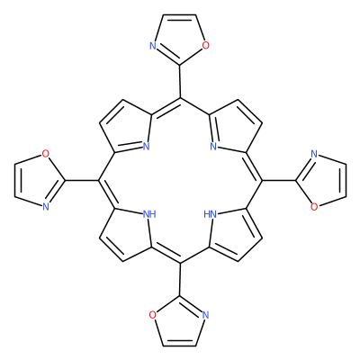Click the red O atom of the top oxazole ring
[205, 46]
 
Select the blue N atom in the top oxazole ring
[153, 46]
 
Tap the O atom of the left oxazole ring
[45, 154]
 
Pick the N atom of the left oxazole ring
[45, 206]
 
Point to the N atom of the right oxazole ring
[314, 154]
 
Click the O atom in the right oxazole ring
[314, 207]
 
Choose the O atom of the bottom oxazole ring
[153, 315]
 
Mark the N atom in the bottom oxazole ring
[205, 315]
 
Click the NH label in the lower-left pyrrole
[149, 214]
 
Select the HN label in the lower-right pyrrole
[210, 214]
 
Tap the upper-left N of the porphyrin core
[146, 147]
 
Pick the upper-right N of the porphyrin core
[213, 147]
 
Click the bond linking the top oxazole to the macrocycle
[180, 81]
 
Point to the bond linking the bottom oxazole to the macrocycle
[180, 279]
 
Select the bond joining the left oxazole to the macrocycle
[81, 180]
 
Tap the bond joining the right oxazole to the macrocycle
[279, 180]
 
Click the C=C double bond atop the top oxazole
[180, 15]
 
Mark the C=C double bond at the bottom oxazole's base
[180, 345]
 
